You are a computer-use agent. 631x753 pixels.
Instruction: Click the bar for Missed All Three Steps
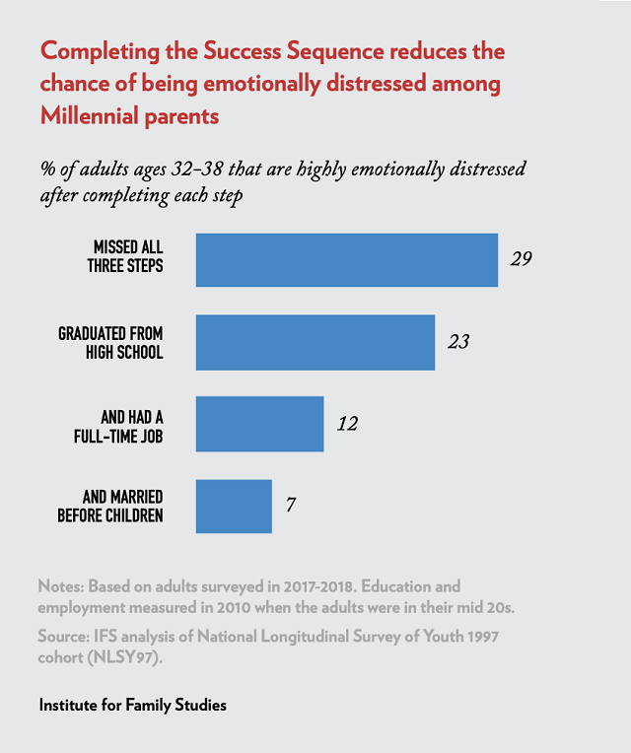coord(347,260)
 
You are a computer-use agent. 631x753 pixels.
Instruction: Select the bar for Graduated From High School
coord(315,342)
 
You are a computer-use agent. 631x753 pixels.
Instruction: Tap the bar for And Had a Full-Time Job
coord(260,424)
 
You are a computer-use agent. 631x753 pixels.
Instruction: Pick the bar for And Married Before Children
coord(234,506)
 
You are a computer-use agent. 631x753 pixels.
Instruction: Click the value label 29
coord(522,260)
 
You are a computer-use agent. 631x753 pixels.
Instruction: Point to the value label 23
coord(458,342)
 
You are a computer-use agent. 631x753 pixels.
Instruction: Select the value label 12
coord(346,424)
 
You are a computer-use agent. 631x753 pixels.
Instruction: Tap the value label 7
coord(291,506)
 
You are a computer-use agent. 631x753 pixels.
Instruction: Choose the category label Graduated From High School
coord(110,342)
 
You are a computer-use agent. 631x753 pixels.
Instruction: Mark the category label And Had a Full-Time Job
coord(118,424)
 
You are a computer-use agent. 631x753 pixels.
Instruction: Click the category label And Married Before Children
coord(109,506)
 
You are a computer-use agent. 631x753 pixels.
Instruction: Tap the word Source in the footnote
coord(64,636)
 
